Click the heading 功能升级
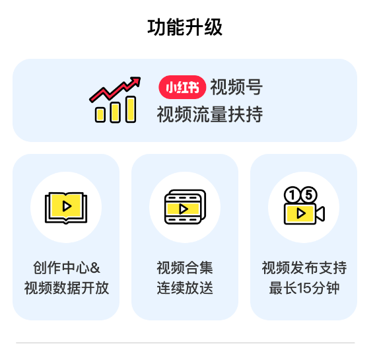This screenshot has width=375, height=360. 185,28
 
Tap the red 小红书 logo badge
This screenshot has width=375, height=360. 182,87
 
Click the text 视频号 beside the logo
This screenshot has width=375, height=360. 236,87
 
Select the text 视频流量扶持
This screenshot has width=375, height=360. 210,114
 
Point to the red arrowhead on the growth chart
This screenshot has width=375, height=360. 135,81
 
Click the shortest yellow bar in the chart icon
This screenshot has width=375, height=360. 100,115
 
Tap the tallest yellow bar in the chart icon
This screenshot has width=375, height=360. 131,109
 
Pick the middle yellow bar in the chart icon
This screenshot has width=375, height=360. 116,112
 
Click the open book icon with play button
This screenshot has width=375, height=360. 66,207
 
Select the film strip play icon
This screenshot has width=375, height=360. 185,207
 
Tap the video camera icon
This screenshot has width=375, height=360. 304,205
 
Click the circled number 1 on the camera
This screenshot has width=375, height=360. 292,195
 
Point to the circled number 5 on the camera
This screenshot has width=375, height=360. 309,195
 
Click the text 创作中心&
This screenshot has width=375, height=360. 67,268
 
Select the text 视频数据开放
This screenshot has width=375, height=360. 67,288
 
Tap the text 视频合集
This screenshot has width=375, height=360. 185,268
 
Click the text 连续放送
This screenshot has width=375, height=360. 185,288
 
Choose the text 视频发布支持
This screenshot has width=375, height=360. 304,268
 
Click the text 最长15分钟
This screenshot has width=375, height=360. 304,288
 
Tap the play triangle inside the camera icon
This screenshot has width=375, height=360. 301,213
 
